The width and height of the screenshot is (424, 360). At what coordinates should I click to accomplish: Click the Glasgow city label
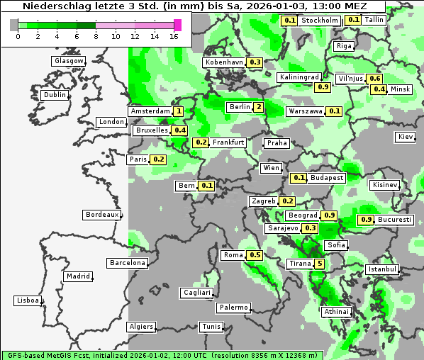69,61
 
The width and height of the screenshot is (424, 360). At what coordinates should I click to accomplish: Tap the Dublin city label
55,95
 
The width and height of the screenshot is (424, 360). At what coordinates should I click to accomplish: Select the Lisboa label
27,300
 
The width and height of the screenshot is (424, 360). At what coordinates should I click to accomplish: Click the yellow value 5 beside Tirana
320,264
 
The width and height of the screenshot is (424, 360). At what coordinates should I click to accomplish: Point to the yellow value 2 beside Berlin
259,107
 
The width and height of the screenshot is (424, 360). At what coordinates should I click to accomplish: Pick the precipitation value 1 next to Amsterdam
179,111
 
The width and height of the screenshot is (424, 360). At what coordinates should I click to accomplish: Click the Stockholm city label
319,21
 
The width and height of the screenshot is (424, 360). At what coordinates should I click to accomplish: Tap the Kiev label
406,136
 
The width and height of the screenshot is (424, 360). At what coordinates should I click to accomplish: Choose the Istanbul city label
382,269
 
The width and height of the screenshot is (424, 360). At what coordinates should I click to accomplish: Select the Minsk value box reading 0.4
379,89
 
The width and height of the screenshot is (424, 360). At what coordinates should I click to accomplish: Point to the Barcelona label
127,263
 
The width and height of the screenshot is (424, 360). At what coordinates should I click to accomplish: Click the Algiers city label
140,327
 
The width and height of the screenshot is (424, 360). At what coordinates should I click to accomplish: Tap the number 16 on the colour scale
174,35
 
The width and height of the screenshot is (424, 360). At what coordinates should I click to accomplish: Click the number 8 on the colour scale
96,35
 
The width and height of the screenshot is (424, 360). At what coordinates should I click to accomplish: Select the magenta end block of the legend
177,25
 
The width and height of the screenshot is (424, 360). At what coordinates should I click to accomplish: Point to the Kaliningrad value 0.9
323,87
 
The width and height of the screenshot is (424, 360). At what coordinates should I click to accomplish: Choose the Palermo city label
233,308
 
